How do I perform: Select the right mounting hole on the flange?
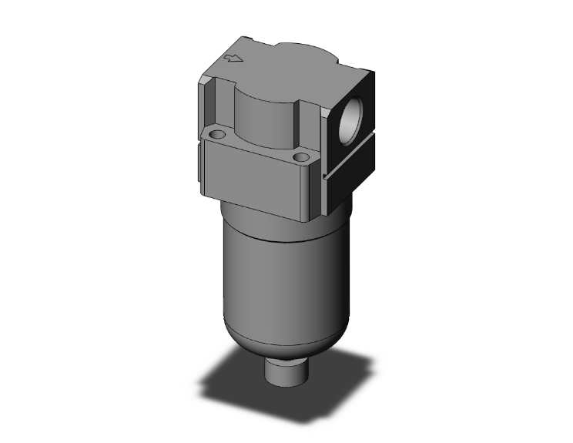tap(300, 158)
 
